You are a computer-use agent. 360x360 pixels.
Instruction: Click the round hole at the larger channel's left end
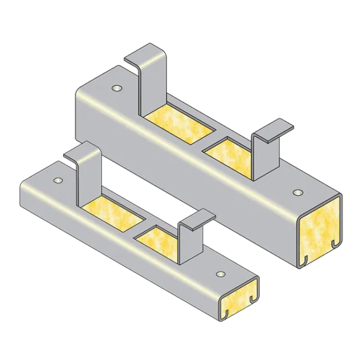116,89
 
